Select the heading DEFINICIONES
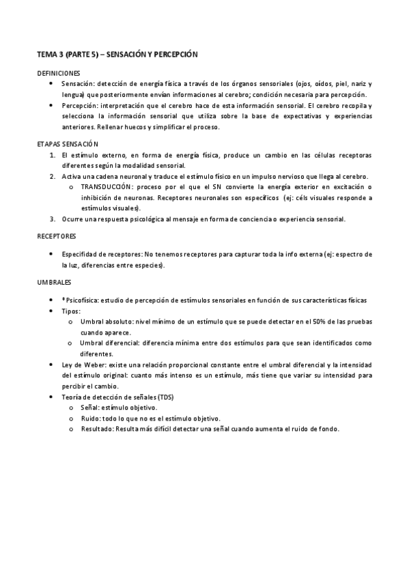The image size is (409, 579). (x=58, y=72)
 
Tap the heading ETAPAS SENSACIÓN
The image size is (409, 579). (x=68, y=145)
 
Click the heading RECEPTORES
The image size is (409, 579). (x=56, y=236)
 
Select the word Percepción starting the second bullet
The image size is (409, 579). (x=79, y=106)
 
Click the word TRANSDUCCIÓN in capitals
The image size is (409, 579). (x=107, y=187)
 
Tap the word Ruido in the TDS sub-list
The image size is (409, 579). (x=89, y=418)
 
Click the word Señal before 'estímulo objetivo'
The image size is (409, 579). (x=89, y=407)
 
